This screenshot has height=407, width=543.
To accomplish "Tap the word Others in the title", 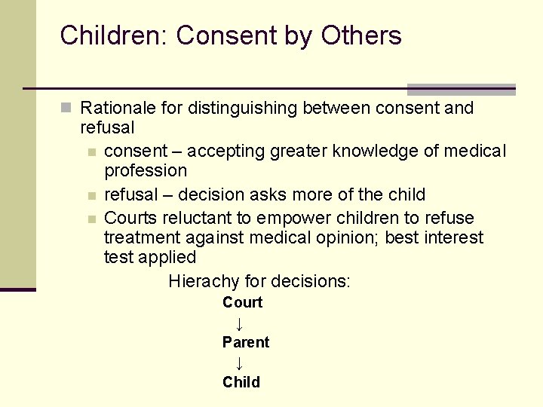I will (x=361, y=35).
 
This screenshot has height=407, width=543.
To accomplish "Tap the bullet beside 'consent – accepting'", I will (x=91, y=151).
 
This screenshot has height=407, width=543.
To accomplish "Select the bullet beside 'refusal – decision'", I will (x=91, y=195).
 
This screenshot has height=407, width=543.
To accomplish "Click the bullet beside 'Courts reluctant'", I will (x=91, y=219).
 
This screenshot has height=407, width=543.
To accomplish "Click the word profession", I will (x=146, y=171).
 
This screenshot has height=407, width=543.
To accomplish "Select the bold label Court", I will (x=242, y=303).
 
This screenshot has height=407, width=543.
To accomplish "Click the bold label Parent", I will (x=245, y=343).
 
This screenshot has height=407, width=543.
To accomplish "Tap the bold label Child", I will (x=241, y=382).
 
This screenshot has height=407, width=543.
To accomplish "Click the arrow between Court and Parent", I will (x=238, y=324).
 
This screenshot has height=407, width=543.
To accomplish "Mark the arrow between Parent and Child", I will (x=238, y=363).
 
